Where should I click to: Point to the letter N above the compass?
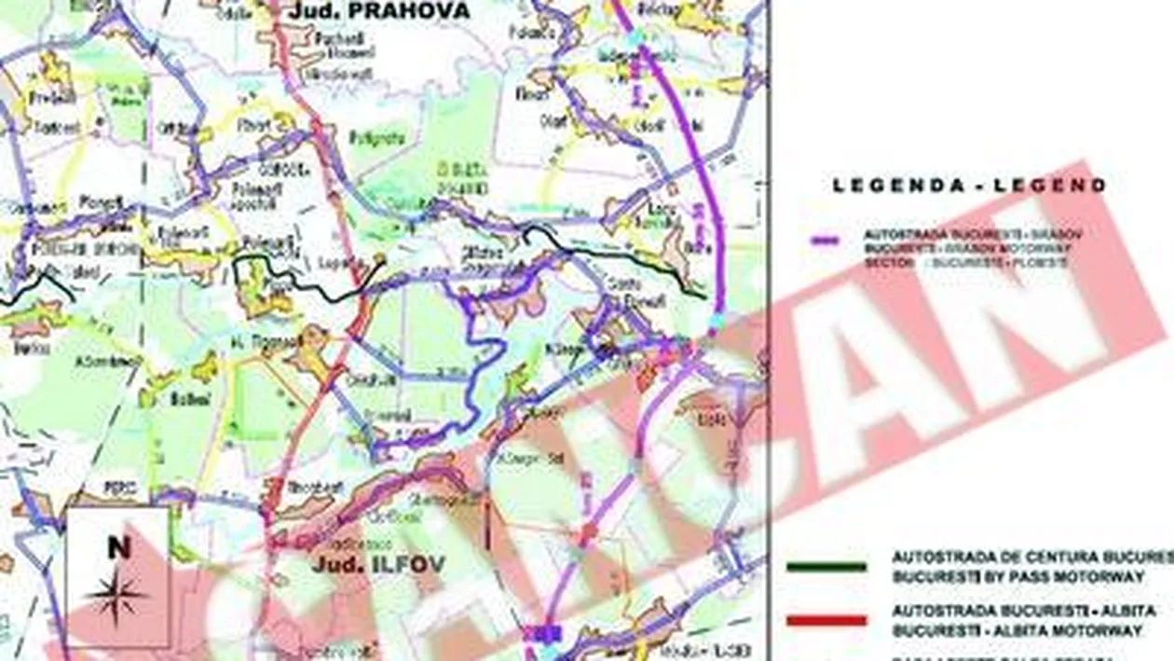point(118,548)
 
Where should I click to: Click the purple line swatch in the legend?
point(825,241)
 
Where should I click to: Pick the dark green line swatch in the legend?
point(826,566)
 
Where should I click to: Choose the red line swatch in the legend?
point(826,619)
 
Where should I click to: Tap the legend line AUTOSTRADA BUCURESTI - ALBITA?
point(1024,611)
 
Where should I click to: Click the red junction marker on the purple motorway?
point(588,534)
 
